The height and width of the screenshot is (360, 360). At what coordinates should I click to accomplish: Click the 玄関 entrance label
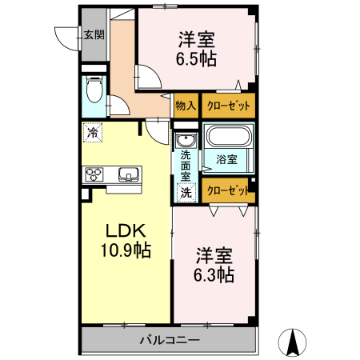pos(94,34)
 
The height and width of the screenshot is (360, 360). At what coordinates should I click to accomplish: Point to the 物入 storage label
pos(186,106)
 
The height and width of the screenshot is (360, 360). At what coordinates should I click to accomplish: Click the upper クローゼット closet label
pos(228,106)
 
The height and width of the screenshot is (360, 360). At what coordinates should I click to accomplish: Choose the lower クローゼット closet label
pos(228,190)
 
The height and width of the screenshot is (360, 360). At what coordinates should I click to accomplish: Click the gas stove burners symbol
pos(94,174)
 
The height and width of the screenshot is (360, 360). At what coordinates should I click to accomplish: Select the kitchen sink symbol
pos(128,174)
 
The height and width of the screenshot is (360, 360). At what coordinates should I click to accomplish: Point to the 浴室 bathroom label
pos(227,159)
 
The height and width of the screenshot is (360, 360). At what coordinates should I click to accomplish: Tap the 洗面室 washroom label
pos(186,165)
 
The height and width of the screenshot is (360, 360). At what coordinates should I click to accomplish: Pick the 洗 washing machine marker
pos(186,192)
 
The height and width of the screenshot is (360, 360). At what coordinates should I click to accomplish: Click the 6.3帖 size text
pos(214,275)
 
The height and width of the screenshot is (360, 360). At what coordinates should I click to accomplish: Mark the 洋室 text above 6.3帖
pos(214,256)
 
